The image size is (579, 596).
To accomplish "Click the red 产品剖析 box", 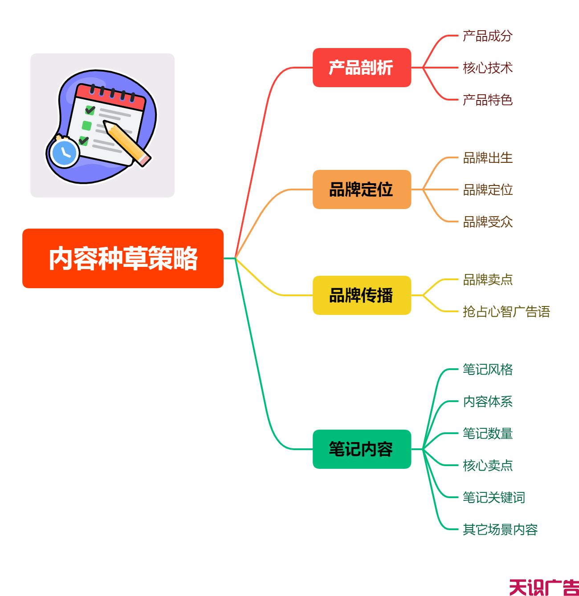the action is click(x=362, y=67).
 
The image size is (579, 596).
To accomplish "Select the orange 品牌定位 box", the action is click(x=362, y=189).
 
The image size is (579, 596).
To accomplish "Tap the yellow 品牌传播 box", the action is click(x=362, y=295).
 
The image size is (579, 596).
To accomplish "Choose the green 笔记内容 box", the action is click(x=362, y=449).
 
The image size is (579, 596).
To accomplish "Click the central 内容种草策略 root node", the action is click(x=123, y=258).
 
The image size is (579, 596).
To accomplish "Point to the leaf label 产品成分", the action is click(x=488, y=36).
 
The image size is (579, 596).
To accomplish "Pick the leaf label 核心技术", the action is click(x=488, y=68).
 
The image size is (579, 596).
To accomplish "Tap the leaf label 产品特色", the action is click(x=488, y=100).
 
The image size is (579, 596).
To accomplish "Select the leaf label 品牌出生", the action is click(x=488, y=158).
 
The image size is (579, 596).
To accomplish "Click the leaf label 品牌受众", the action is click(x=488, y=222).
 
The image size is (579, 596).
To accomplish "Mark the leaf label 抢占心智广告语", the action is click(x=506, y=311).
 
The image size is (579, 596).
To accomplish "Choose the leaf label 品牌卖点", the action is click(x=488, y=279).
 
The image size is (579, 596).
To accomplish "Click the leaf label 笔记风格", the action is click(x=488, y=369).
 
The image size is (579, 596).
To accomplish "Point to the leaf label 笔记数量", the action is click(x=488, y=433).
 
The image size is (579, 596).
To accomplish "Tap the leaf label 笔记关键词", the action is click(x=494, y=497).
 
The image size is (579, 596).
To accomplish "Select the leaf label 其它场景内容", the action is click(x=500, y=530).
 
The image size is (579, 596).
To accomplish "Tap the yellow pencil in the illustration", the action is click(x=127, y=144).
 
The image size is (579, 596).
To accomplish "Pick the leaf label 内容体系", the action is click(x=488, y=402).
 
